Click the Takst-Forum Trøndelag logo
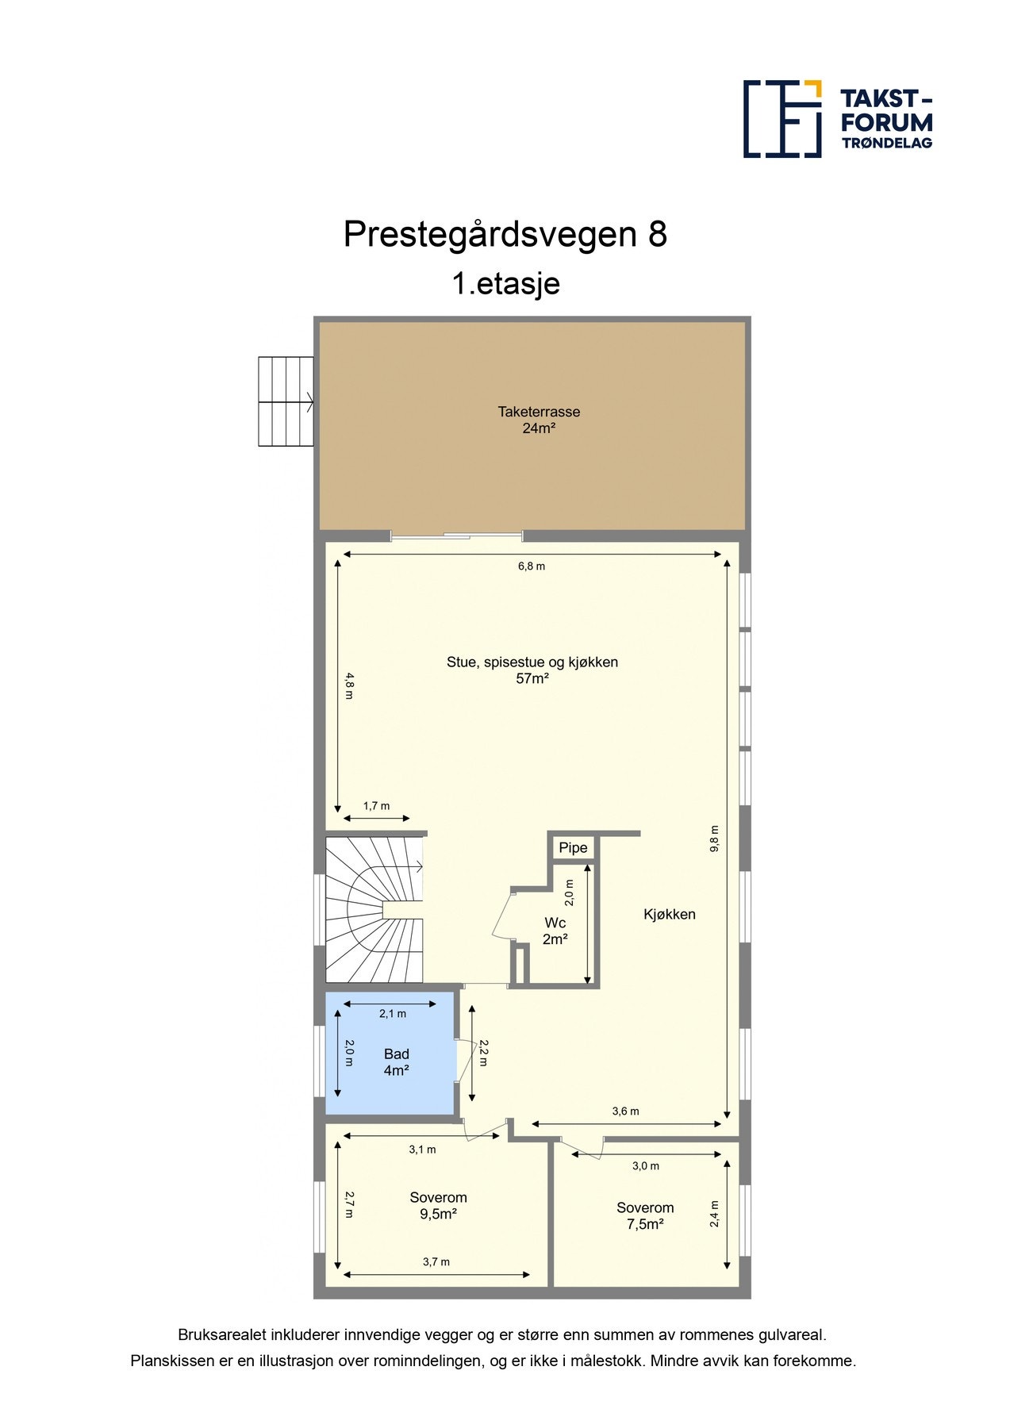pyautogui.click(x=837, y=118)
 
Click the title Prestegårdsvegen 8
pyautogui.click(x=505, y=234)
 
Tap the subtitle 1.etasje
pyautogui.click(x=505, y=283)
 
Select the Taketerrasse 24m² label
pyautogui.click(x=539, y=420)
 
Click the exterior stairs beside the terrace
pyautogui.click(x=286, y=401)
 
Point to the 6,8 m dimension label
pyautogui.click(x=532, y=566)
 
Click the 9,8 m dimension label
pyautogui.click(x=714, y=839)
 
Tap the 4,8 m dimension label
pyautogui.click(x=349, y=685)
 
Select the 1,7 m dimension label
pyautogui.click(x=376, y=806)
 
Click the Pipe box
pyautogui.click(x=573, y=848)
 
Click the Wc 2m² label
pyautogui.click(x=555, y=931)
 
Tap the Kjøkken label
pyautogui.click(x=669, y=914)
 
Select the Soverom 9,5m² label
pyautogui.click(x=438, y=1206)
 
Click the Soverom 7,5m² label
pyautogui.click(x=645, y=1215)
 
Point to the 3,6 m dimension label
pyautogui.click(x=625, y=1111)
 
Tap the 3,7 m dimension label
pyautogui.click(x=436, y=1262)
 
